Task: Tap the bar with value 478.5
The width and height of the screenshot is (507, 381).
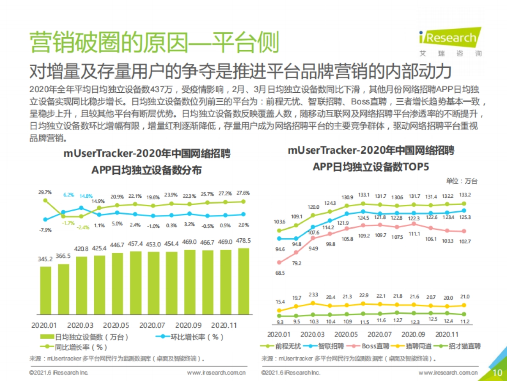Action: tap(243, 281)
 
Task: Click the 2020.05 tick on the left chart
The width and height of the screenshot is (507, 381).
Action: tap(116, 326)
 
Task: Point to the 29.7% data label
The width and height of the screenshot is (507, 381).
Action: tap(45, 192)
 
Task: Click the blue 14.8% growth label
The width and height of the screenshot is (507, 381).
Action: tap(86, 196)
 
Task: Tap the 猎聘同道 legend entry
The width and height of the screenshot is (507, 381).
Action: tap(415, 346)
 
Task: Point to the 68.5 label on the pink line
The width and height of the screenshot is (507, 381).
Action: tap(280, 273)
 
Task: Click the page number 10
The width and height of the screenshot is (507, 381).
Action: tap(497, 372)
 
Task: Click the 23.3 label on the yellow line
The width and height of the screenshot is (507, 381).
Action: tap(313, 294)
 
